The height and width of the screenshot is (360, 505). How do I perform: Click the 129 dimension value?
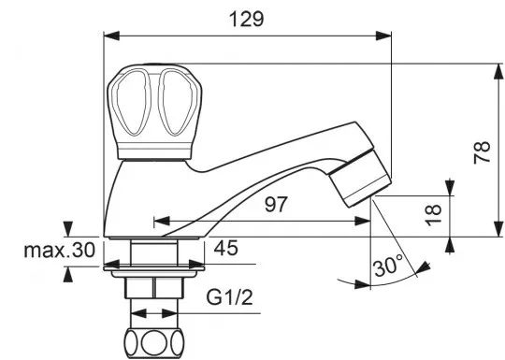[246, 19]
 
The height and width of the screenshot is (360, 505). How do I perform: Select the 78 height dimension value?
[482, 152]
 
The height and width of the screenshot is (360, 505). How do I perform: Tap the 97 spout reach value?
[276, 204]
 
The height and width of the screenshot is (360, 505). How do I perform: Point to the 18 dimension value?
[433, 215]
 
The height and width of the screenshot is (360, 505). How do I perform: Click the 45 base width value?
[226, 248]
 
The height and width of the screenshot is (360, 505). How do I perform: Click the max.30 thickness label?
[60, 250]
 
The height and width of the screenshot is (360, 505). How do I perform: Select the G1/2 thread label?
[230, 298]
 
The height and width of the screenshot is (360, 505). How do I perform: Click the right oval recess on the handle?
[178, 103]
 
